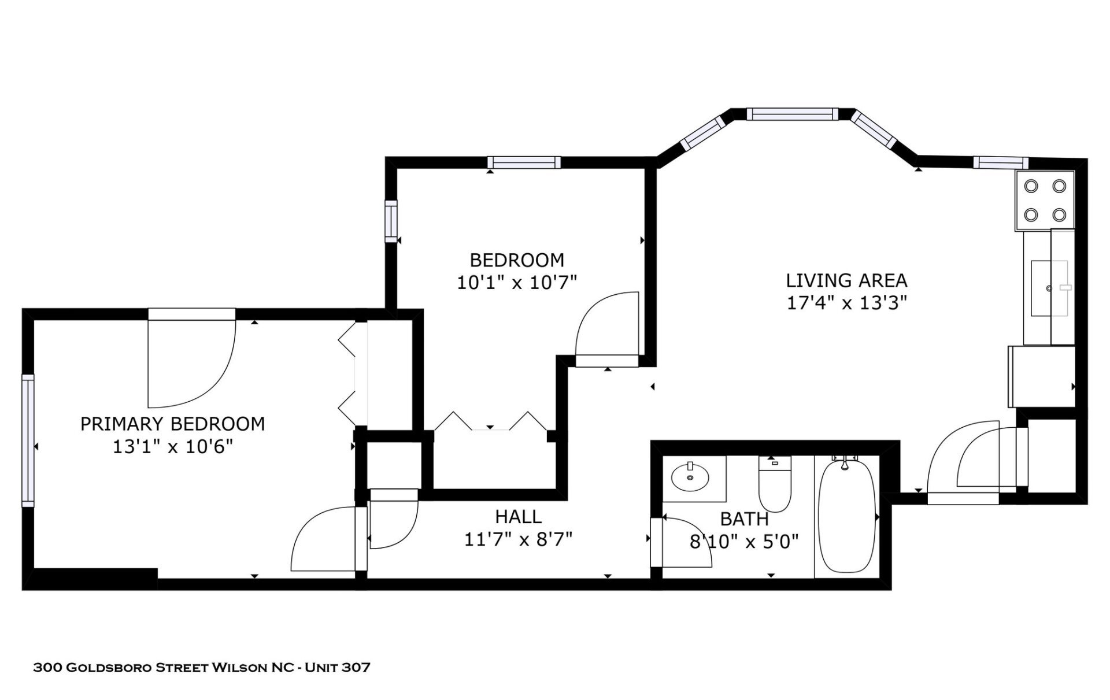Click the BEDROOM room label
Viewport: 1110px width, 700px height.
click(x=516, y=260)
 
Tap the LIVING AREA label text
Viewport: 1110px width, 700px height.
click(x=846, y=281)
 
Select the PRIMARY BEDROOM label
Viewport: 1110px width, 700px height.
click(x=172, y=424)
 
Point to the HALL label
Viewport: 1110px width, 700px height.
click(x=519, y=517)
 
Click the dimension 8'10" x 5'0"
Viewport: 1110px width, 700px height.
click(x=744, y=542)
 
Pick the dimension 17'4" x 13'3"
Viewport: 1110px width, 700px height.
click(x=846, y=303)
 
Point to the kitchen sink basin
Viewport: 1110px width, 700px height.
click(x=1049, y=296)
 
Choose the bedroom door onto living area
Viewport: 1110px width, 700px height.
click(x=607, y=329)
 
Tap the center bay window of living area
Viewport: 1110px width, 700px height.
click(x=791, y=114)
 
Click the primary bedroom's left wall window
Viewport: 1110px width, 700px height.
click(x=28, y=440)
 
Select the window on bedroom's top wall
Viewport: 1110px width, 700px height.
click(x=523, y=162)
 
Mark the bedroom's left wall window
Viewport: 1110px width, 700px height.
click(x=392, y=222)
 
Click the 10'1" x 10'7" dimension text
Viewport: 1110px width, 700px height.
click(x=516, y=283)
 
